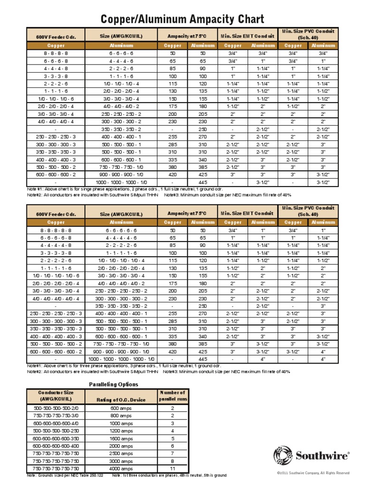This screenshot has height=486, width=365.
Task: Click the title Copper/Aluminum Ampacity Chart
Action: tap(182, 19)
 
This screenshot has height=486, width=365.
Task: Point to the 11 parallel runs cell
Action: tap(173, 468)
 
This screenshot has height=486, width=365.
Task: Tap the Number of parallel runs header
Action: tap(173, 396)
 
